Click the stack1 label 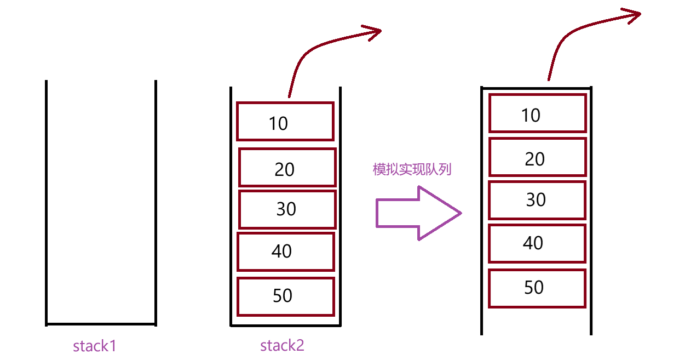(x=95, y=346)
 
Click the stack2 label (x=282, y=345)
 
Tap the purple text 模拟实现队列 (x=412, y=169)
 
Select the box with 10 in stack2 (x=285, y=121)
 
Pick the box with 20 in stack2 (x=287, y=168)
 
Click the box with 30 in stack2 (x=287, y=209)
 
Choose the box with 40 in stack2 (x=285, y=252)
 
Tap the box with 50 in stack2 (x=285, y=296)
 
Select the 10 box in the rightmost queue (x=537, y=113)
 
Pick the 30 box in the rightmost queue (x=537, y=200)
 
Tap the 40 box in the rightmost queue (x=537, y=243)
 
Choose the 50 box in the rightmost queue (x=537, y=288)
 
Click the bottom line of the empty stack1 (x=101, y=324)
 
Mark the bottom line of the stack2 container (x=286, y=325)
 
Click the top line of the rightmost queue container (x=537, y=88)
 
